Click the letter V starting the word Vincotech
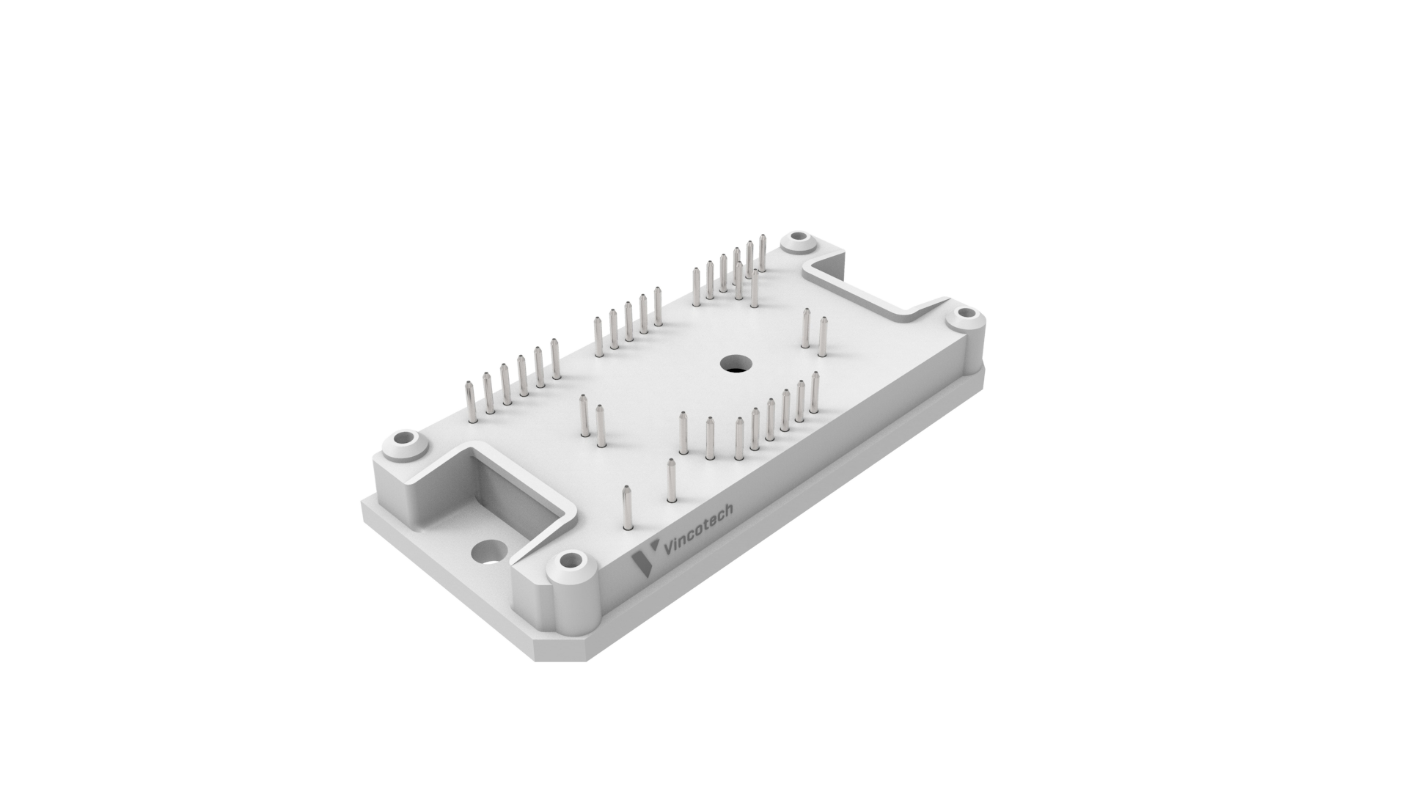(668, 549)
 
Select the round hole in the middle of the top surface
(733, 362)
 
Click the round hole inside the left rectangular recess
(489, 551)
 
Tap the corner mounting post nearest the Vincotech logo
(573, 587)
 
